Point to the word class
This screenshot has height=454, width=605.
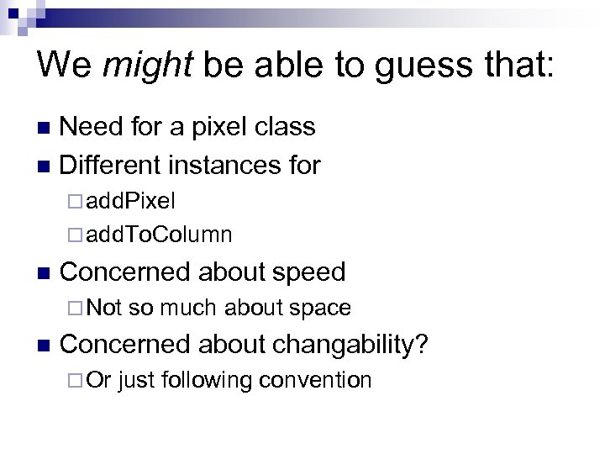click(x=286, y=126)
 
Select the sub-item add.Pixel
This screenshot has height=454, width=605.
click(x=130, y=202)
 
